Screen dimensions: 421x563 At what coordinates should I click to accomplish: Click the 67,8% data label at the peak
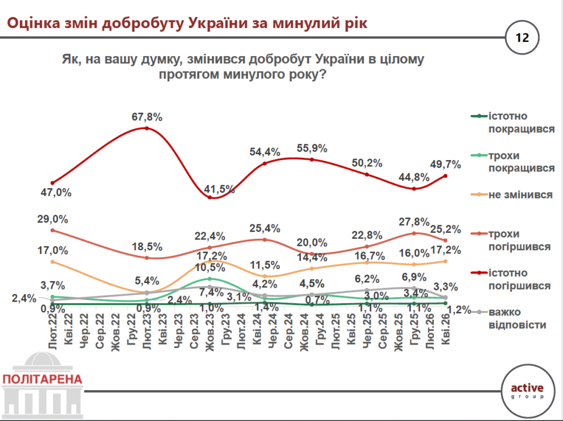[x=147, y=117]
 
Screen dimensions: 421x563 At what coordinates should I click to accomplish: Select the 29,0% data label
[x=52, y=219]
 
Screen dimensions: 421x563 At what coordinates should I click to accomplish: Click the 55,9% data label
[x=312, y=148]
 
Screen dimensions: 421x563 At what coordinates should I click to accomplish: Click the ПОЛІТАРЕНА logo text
[x=42, y=379]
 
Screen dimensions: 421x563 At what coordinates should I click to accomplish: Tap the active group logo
[x=527, y=390]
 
